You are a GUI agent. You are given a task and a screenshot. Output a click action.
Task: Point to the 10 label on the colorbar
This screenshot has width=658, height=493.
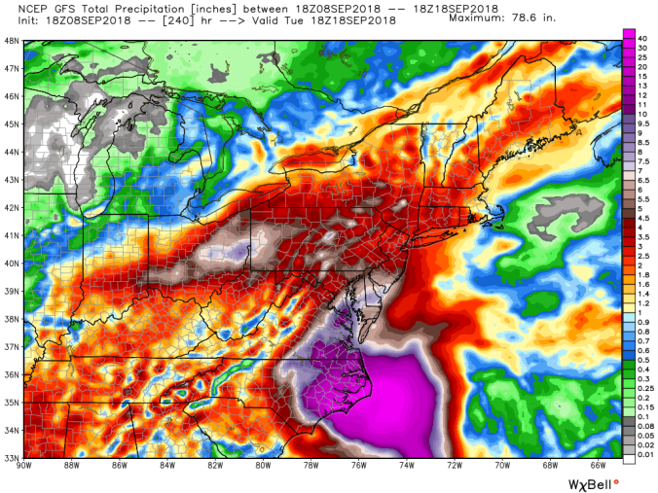[643, 114]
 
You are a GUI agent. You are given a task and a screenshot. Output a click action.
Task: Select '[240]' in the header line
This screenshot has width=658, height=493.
[170, 19]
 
